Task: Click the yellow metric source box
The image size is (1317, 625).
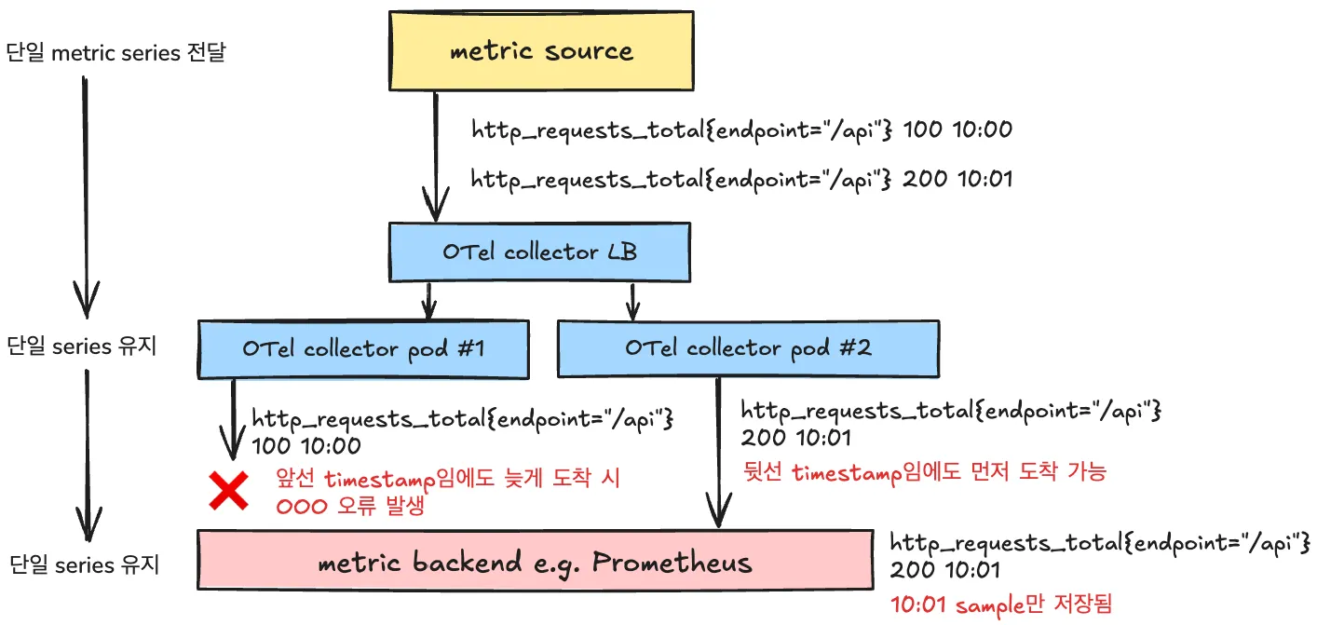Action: click(x=541, y=51)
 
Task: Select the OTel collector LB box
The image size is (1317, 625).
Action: click(x=540, y=251)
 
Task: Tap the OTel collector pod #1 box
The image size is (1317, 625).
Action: click(x=363, y=348)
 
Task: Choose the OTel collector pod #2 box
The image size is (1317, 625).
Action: click(x=749, y=348)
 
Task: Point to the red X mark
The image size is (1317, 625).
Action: click(x=227, y=491)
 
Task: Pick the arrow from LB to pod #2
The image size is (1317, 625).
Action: click(x=633, y=300)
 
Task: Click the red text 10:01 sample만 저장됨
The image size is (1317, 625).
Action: click(x=1000, y=604)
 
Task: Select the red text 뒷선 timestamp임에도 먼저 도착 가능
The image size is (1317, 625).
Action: click(x=923, y=472)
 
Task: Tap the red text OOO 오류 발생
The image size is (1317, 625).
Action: click(x=344, y=509)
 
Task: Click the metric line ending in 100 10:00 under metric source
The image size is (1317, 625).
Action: click(x=741, y=129)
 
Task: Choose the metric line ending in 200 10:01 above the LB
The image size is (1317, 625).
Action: click(x=741, y=178)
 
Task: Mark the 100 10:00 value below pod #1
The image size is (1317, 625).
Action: click(x=306, y=446)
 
